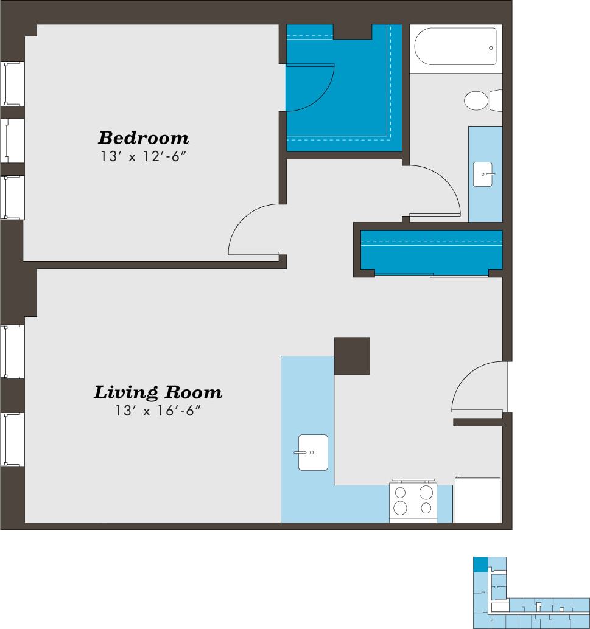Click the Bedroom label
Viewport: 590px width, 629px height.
144,137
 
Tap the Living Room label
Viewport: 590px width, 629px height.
157,392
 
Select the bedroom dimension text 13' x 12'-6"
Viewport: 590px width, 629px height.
144,156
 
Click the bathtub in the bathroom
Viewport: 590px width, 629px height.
455,47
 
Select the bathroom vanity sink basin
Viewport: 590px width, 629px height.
485,174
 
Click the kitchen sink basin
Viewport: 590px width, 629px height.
313,453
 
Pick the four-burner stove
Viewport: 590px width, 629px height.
413,500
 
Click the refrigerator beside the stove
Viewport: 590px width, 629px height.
477,500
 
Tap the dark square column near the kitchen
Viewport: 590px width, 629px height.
352,355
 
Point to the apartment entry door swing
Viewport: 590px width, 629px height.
478,386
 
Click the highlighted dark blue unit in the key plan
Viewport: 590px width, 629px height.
481,564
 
